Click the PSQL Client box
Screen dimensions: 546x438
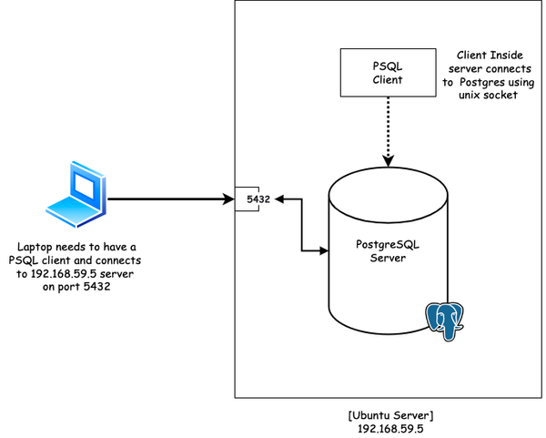pos(388,73)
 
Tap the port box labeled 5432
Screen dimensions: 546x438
pos(247,199)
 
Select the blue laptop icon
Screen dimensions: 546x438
pos(76,194)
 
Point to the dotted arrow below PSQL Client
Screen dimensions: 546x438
pos(389,132)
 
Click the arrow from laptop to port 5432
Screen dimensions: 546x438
pos(171,199)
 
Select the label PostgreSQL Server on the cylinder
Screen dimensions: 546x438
pos(388,251)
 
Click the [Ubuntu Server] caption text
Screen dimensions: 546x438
pos(390,415)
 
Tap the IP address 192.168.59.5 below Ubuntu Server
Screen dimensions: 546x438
pos(390,429)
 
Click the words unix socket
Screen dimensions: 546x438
pos(488,95)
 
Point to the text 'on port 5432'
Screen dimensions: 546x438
pos(76,287)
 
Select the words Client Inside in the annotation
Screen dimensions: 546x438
pos(490,55)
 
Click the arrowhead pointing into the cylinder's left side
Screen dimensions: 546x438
pos(324,250)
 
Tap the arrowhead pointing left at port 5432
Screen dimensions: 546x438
pos(279,199)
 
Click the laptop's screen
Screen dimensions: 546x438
pos(86,186)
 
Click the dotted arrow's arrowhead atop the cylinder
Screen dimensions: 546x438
pos(389,161)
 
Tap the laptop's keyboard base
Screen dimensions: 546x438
pos(71,211)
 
